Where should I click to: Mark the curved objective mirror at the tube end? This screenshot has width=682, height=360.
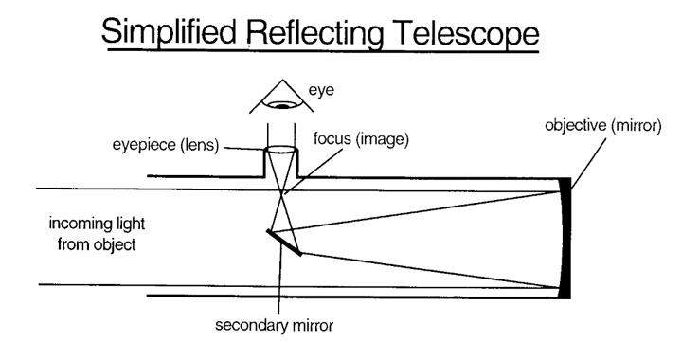tap(565, 236)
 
